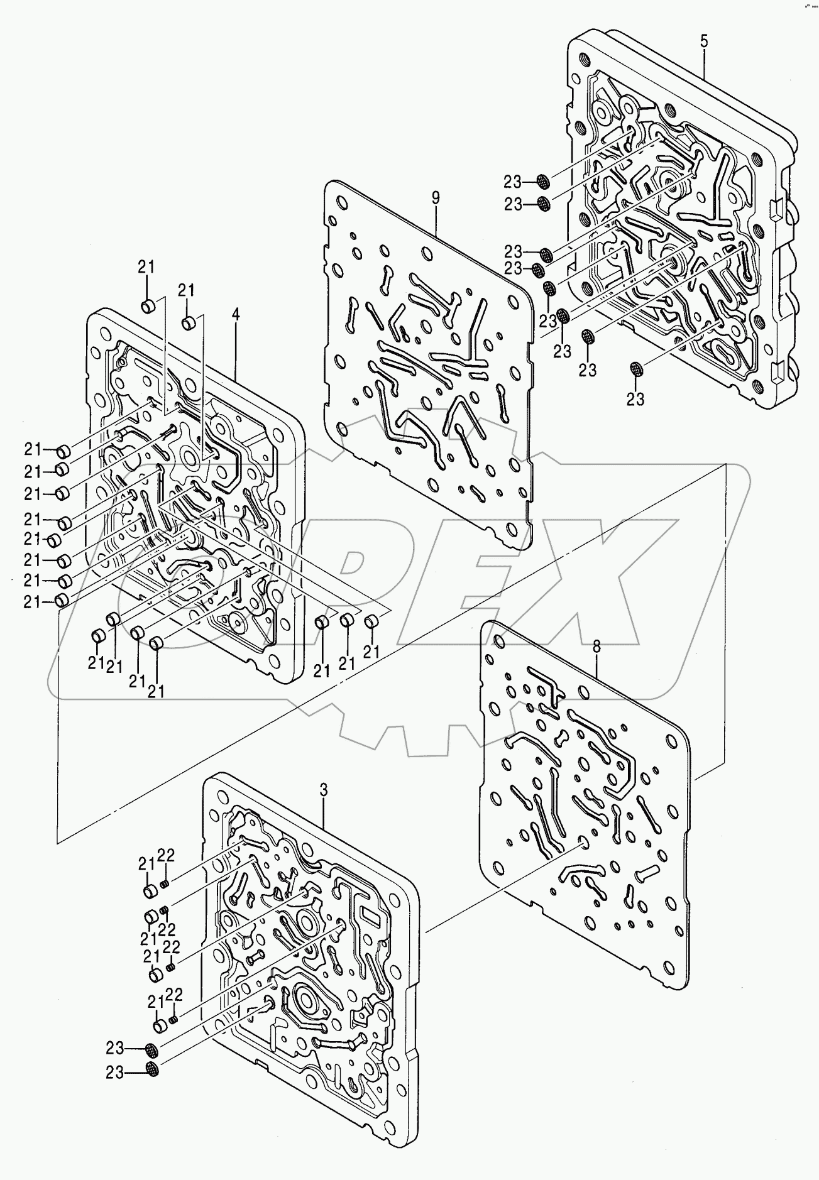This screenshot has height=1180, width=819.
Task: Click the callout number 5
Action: tap(704, 42)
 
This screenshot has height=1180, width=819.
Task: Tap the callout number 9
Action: tap(436, 197)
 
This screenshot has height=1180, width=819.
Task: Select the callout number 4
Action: tap(236, 315)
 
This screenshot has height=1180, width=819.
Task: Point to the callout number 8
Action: tap(596, 645)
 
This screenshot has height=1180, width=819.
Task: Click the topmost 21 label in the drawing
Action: tap(146, 267)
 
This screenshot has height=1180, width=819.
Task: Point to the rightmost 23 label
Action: tap(635, 398)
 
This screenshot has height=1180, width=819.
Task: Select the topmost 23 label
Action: tap(512, 182)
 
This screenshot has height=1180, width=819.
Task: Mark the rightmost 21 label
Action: tap(371, 652)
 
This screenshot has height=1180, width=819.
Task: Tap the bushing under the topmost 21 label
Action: tap(148, 307)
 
